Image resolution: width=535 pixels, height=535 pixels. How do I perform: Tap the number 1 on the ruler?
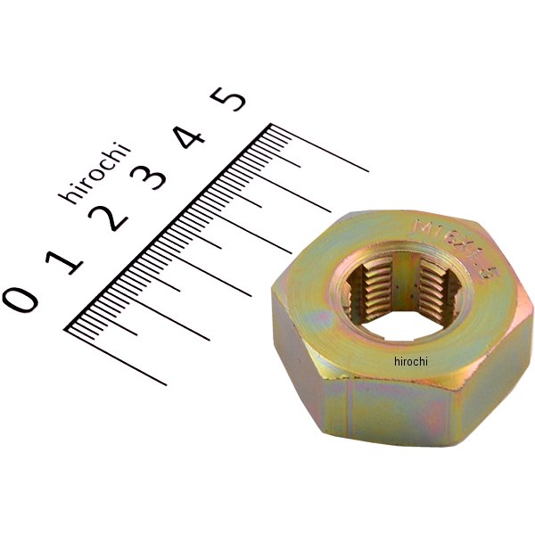(x=67, y=258)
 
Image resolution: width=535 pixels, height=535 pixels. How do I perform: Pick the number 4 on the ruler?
(x=190, y=136)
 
